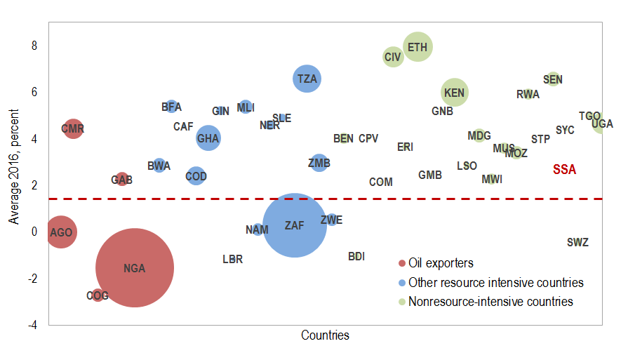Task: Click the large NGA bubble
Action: pyautogui.click(x=134, y=268)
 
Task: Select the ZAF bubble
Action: pyautogui.click(x=295, y=225)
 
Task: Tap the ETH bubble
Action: pyautogui.click(x=417, y=47)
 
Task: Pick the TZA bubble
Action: pyautogui.click(x=307, y=79)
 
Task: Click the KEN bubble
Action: pyautogui.click(x=455, y=92)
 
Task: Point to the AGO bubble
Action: pyautogui.click(x=61, y=232)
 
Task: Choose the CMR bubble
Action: pyautogui.click(x=73, y=128)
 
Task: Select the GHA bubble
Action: pyautogui.click(x=208, y=138)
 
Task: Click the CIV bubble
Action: pyautogui.click(x=393, y=57)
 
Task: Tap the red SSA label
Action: pyautogui.click(x=564, y=169)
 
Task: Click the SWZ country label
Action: pyautogui.click(x=577, y=243)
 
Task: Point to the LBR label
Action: pyautogui.click(x=232, y=260)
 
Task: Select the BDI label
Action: pyautogui.click(x=356, y=257)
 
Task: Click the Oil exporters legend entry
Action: pyautogui.click(x=441, y=263)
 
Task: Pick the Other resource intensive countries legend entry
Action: pyautogui.click(x=495, y=283)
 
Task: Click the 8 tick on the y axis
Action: pyautogui.click(x=34, y=46)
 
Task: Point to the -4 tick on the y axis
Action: pyautogui.click(x=32, y=325)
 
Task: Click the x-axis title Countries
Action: pyautogui.click(x=325, y=335)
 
